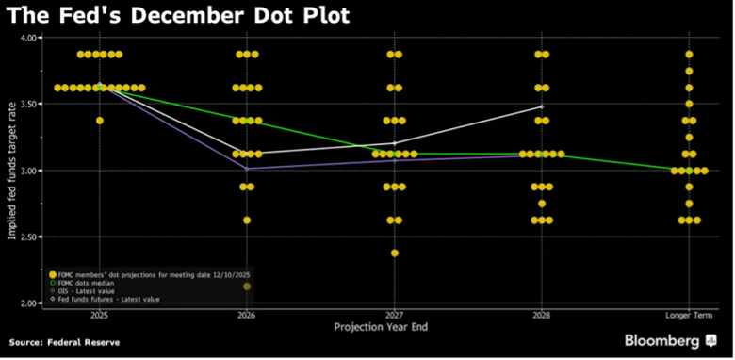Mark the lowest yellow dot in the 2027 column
pyautogui.click(x=394, y=253)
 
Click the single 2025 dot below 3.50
pyautogui.click(x=99, y=121)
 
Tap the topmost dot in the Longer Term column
pyautogui.click(x=689, y=55)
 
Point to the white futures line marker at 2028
pyautogui.click(x=541, y=106)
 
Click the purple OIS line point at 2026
pyautogui.click(x=247, y=169)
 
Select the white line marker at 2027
pyautogui.click(x=394, y=143)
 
